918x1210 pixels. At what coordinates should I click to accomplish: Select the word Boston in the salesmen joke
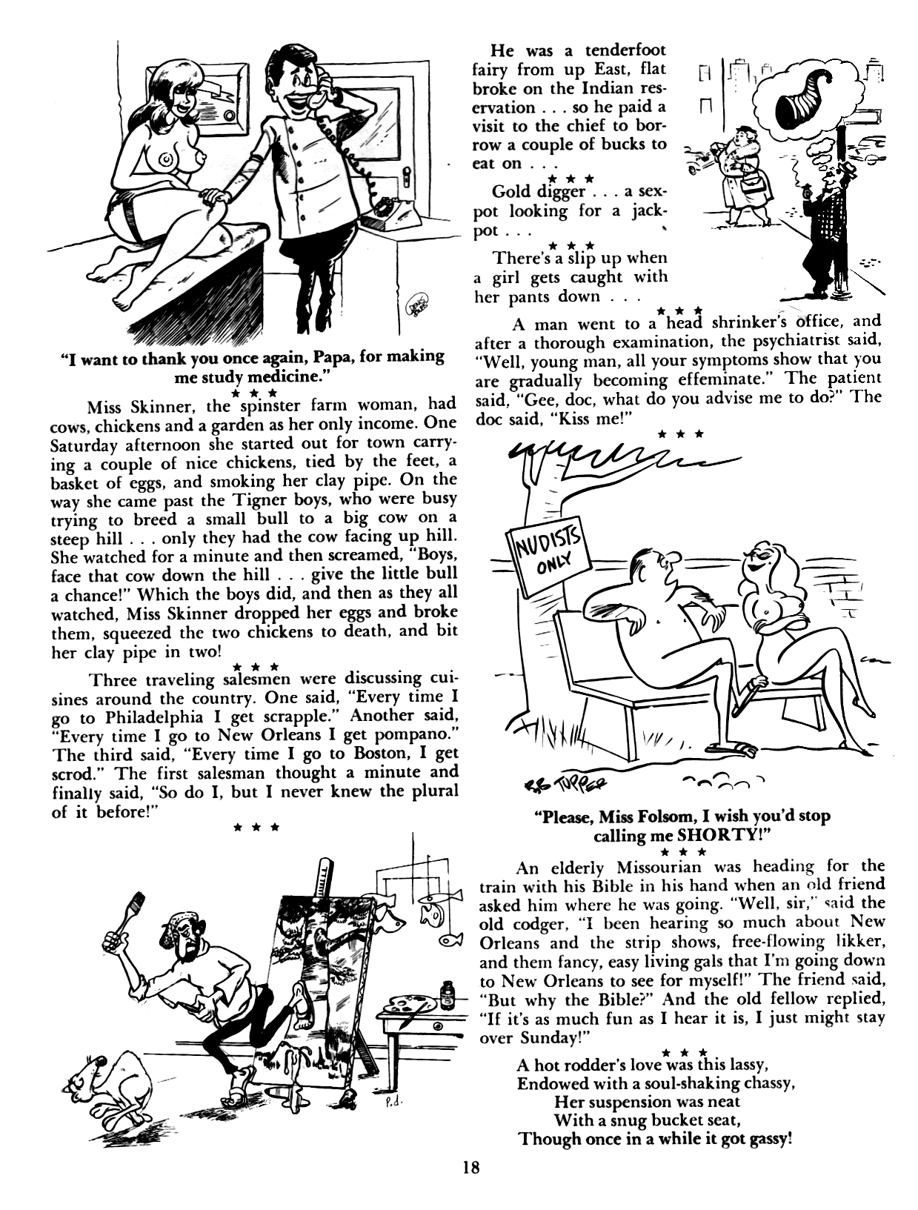coord(361,754)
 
